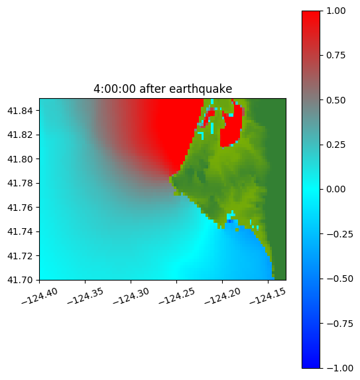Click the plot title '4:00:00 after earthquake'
point(163,89)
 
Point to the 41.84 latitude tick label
point(20,111)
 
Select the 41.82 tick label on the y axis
point(20,135)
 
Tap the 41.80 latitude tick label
point(20,159)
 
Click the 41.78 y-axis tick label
point(20,183)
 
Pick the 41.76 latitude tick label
point(20,208)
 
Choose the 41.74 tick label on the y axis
point(20,231)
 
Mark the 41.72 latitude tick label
point(20,256)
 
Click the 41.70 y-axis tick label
point(20,280)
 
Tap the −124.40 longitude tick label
point(40,296)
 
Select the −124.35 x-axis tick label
point(86,296)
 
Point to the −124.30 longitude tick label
point(131,296)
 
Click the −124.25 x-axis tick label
point(177,296)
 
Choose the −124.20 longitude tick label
point(222,296)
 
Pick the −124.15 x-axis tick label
point(268,296)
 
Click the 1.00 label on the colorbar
point(335,11)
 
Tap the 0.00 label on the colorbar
point(335,189)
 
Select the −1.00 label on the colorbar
point(339,368)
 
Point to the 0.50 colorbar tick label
point(335,100)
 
